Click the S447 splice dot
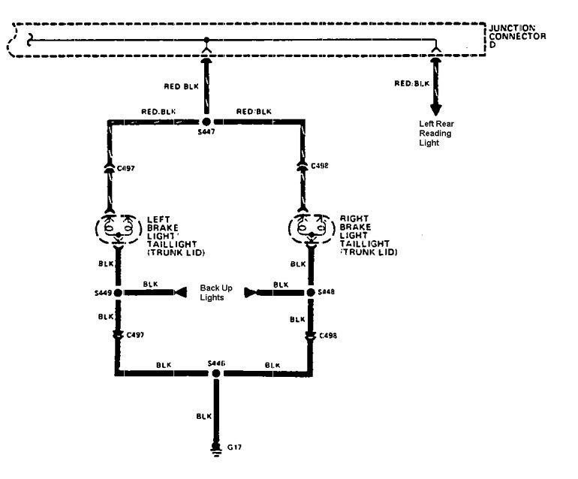[206, 121]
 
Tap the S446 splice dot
[216, 373]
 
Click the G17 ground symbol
[216, 450]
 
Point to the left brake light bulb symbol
[117, 227]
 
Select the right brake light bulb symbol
[309, 227]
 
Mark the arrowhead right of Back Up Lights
[251, 292]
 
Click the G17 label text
[235, 447]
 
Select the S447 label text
[206, 133]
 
